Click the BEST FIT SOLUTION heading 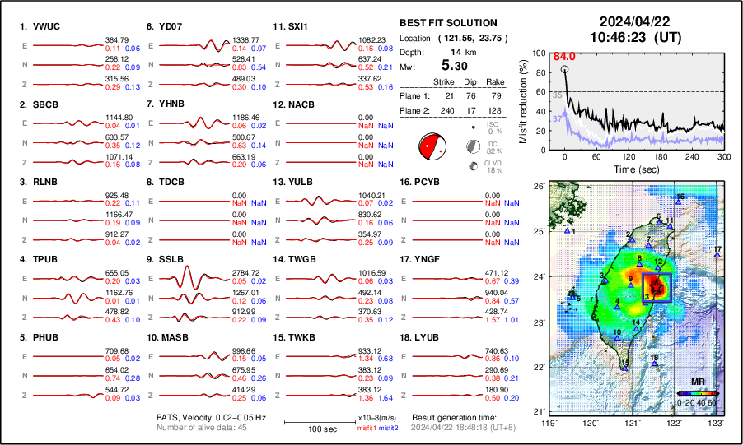[x=447, y=23]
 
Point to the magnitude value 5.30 [x=456, y=64]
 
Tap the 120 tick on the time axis [x=629, y=156]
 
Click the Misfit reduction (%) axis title [x=524, y=100]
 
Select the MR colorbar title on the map [x=697, y=382]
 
